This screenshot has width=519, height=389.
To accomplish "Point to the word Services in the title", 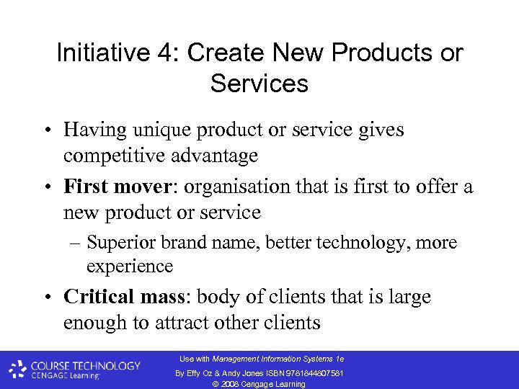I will coord(259,84).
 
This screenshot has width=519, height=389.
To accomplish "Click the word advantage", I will coord(212,156).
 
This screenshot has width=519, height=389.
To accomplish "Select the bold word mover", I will coord(148,187).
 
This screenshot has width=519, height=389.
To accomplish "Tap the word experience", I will coord(130,267).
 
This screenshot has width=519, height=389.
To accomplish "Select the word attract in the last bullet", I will coord(193,323).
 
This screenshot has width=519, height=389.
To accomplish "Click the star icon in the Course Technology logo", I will coord(17,370).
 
